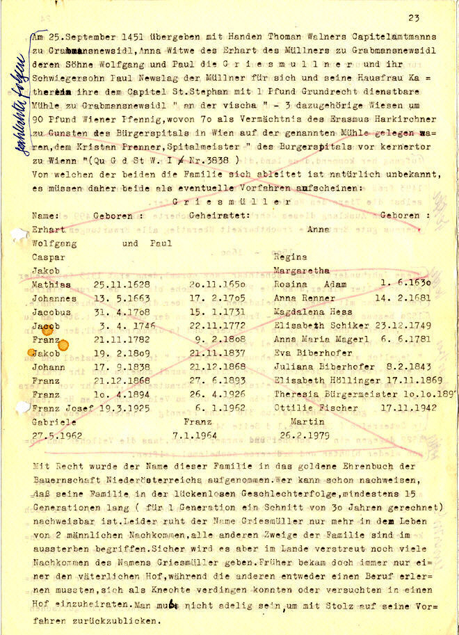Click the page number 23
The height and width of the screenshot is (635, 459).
414,19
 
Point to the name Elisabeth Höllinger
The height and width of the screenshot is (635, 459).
327,380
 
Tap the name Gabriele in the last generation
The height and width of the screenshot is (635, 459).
55,421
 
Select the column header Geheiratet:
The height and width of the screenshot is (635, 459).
219,216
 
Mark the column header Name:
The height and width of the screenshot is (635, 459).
46,216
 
